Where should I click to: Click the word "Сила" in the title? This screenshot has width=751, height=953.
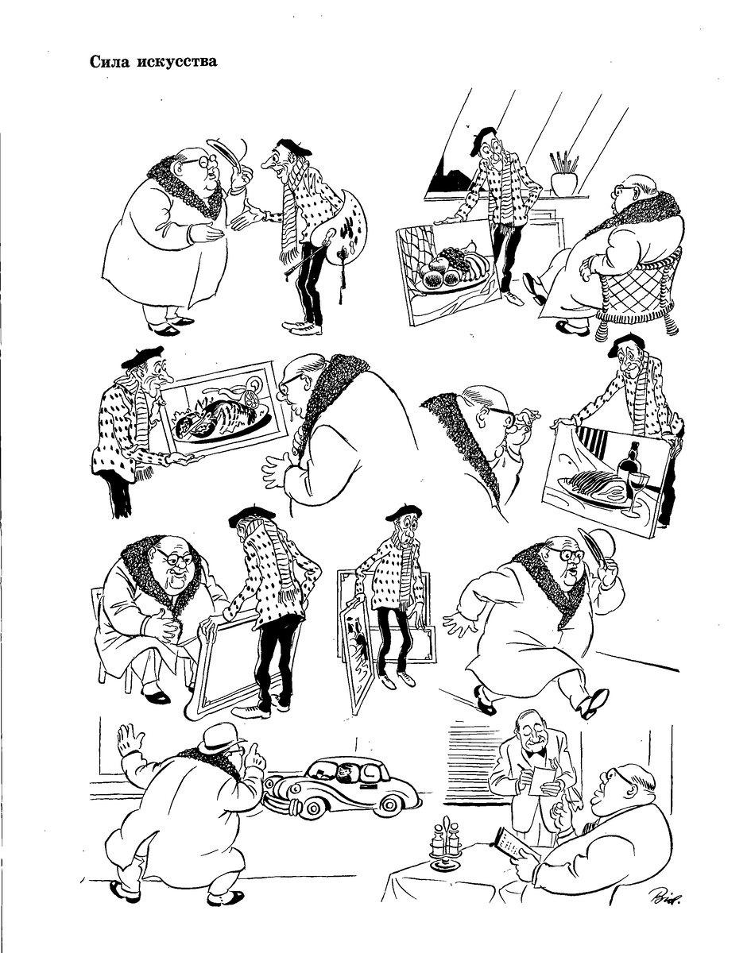110,62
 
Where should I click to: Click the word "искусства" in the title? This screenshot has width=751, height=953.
177,62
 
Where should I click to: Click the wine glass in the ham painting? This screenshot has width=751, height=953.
638,492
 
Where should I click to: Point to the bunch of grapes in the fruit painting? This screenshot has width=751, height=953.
458,260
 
